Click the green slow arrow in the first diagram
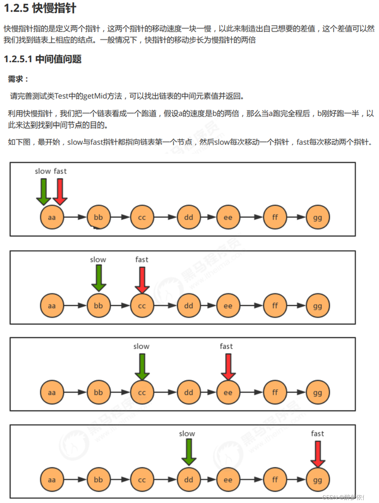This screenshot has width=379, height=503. pyautogui.click(x=44, y=191)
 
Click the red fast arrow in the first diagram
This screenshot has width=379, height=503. pyautogui.click(x=60, y=191)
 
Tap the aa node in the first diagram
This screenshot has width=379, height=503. pyautogui.click(x=52, y=217)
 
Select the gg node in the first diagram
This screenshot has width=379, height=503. pyautogui.click(x=318, y=217)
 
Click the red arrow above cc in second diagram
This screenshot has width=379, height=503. pyautogui.click(x=142, y=280)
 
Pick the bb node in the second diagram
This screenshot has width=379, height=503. pyautogui.click(x=98, y=306)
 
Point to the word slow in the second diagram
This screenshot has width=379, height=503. pyautogui.click(x=98, y=260)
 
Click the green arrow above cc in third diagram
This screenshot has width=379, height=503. pyautogui.click(x=142, y=366)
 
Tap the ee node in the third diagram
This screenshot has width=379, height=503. pyautogui.click(x=228, y=392)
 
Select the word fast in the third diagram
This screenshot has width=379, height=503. pyautogui.click(x=226, y=346)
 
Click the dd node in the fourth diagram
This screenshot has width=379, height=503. pyautogui.click(x=189, y=480)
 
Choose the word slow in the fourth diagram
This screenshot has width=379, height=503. pyautogui.click(x=187, y=434)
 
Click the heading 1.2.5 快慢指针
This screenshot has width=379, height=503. pyautogui.click(x=40, y=8)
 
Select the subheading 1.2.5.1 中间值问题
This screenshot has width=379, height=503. pyautogui.click(x=43, y=59)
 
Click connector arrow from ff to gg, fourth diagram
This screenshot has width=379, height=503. pyautogui.click(x=296, y=480)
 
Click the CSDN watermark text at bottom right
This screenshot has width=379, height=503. pyautogui.click(x=348, y=497)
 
